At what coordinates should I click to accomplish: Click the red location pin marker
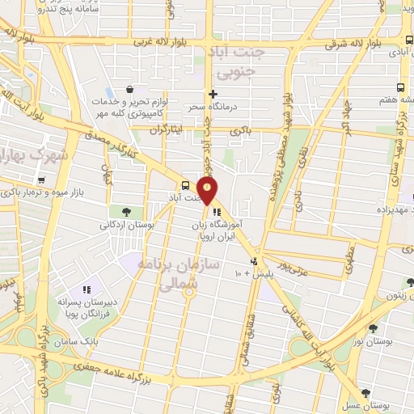pos(209,191)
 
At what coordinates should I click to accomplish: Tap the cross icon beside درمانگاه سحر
pos(213,94)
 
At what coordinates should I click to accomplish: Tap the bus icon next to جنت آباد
pos(187,185)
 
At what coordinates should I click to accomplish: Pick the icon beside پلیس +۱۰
pos(254,261)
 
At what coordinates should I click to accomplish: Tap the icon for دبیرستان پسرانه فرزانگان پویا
pos(88,289)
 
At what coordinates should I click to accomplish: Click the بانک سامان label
pos(98,343)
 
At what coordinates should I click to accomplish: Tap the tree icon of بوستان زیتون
pos(410,282)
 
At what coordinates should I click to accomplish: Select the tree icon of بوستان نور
pos(372,329)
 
